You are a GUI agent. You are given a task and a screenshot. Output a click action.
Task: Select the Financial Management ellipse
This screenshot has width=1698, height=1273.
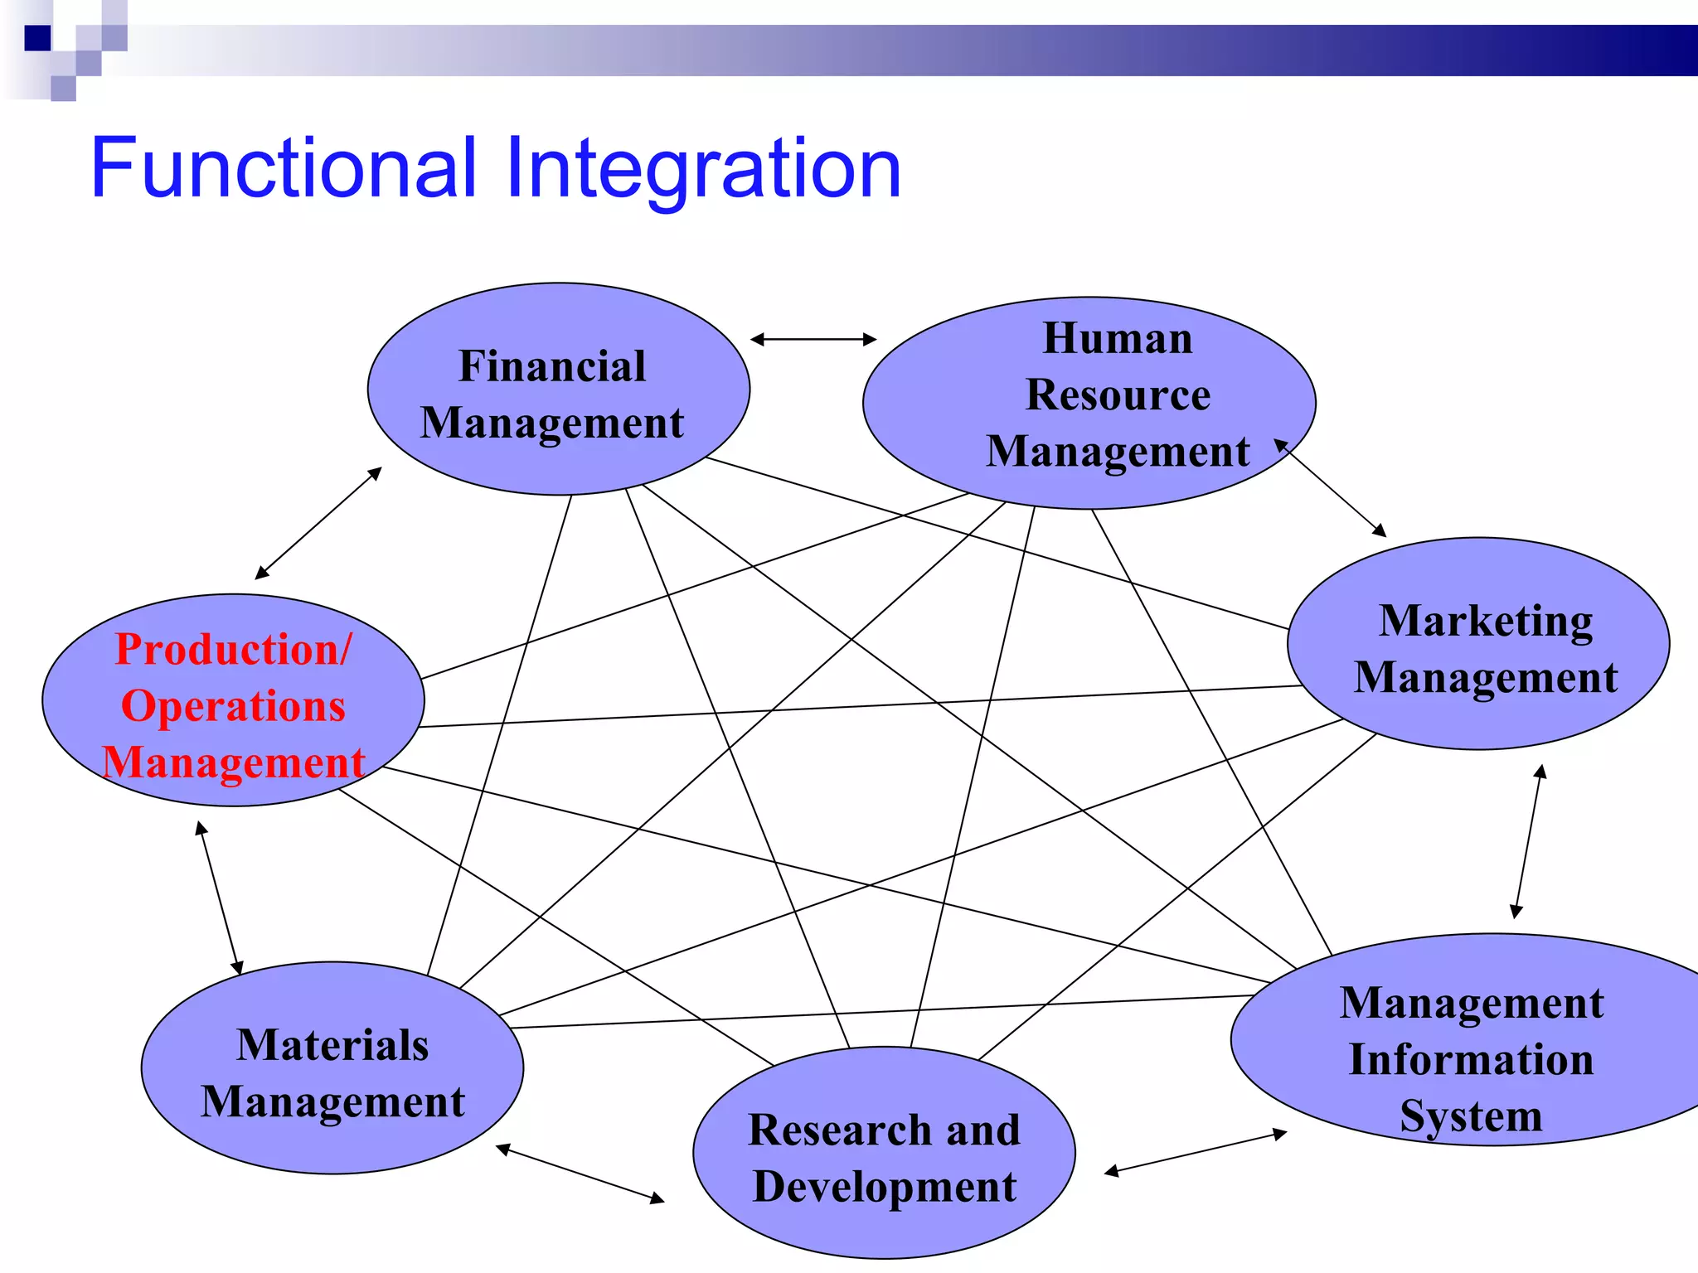click(x=558, y=390)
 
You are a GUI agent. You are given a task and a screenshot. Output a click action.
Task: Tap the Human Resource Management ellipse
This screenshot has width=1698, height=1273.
click(x=1089, y=403)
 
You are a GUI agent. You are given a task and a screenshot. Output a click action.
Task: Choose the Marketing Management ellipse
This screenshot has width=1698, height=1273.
click(x=1478, y=644)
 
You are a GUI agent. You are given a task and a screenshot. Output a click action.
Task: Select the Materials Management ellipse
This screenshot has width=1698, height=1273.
click(x=332, y=1068)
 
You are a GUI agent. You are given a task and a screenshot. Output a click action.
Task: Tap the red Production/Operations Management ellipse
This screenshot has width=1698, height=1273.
click(x=233, y=700)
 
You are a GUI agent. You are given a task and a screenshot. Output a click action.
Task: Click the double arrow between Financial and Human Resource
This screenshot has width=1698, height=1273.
click(x=813, y=339)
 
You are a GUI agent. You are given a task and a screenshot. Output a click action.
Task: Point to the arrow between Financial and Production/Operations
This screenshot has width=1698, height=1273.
click(x=318, y=523)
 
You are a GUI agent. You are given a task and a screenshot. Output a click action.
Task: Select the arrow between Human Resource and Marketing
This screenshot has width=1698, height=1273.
click(x=1331, y=488)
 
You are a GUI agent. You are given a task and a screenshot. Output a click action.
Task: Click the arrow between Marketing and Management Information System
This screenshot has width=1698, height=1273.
click(x=1528, y=841)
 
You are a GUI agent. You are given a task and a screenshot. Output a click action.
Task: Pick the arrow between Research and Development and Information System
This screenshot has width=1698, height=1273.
click(x=1196, y=1152)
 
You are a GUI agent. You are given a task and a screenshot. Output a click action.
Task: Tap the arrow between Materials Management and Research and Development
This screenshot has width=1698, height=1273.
click(x=580, y=1174)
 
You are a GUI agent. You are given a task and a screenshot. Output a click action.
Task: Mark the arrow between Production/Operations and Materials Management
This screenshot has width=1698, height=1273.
click(x=219, y=898)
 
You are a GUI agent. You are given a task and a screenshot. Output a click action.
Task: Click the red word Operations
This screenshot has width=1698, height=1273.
click(x=233, y=706)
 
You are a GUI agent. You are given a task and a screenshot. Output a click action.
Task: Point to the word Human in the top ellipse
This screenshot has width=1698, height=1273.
click(x=1117, y=338)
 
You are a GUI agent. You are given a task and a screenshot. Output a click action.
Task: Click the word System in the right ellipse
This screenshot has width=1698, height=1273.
click(x=1471, y=1116)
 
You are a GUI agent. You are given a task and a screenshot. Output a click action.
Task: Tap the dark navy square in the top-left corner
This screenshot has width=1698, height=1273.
click(x=37, y=38)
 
